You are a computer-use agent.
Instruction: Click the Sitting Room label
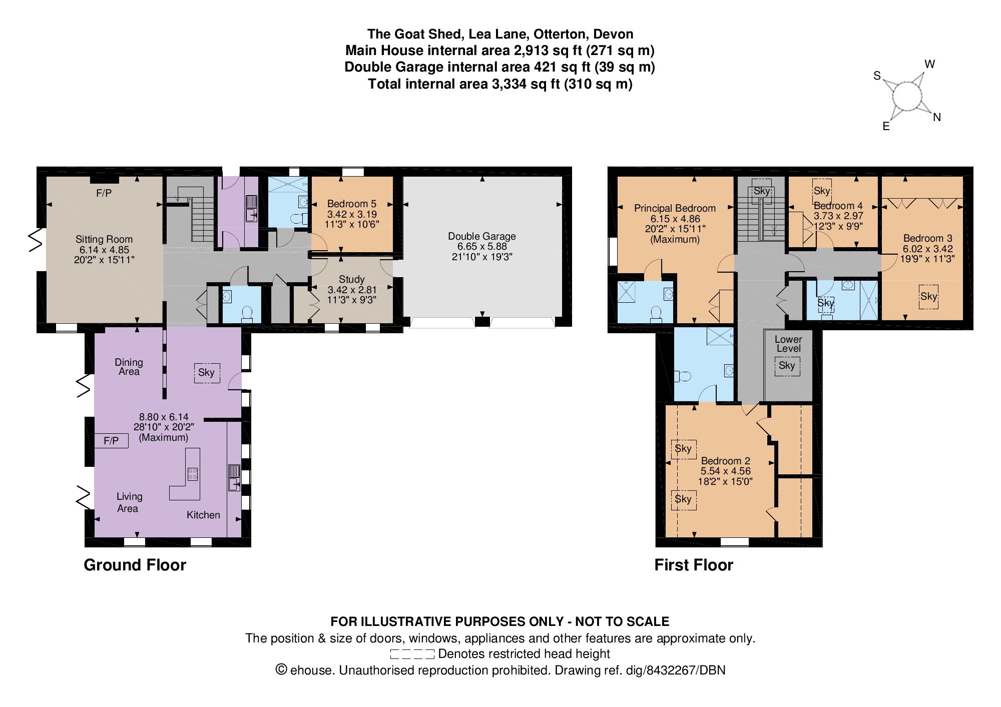click(x=104, y=239)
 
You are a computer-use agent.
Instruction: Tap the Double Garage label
click(x=481, y=236)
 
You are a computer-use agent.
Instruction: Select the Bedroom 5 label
click(x=351, y=204)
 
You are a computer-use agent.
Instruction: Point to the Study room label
click(x=351, y=279)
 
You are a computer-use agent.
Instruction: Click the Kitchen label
click(x=203, y=515)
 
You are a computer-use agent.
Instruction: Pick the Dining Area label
click(x=129, y=367)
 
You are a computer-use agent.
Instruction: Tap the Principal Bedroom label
click(x=675, y=208)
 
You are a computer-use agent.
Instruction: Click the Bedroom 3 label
click(x=927, y=238)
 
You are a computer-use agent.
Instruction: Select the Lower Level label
click(x=788, y=344)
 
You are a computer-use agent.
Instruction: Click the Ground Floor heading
click(x=135, y=565)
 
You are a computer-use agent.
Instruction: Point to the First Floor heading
click(x=694, y=565)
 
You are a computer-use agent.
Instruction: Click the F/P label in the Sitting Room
click(x=104, y=193)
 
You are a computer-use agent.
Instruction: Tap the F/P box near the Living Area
click(x=111, y=440)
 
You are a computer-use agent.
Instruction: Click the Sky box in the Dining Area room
click(x=207, y=372)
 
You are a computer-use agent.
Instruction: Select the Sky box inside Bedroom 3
click(x=928, y=296)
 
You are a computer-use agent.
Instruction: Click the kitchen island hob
click(x=193, y=474)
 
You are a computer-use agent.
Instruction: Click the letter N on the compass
click(x=937, y=117)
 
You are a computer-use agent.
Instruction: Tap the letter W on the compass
click(x=929, y=64)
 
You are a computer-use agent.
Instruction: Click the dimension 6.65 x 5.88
click(x=481, y=246)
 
